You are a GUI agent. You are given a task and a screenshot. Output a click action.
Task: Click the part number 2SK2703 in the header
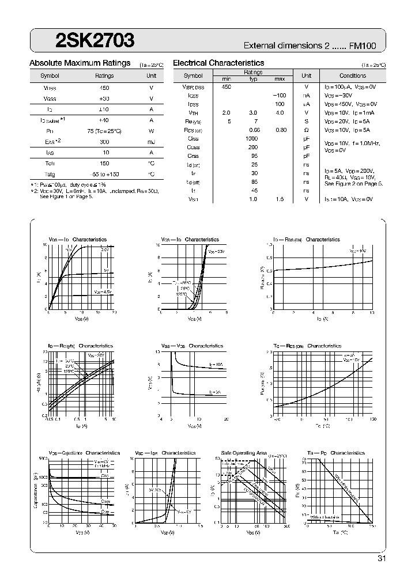click(96, 40)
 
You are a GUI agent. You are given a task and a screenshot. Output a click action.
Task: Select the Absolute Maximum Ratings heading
click(80, 63)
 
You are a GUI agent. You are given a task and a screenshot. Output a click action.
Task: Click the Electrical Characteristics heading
click(218, 63)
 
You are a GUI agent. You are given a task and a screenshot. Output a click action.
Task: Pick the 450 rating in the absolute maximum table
click(104, 87)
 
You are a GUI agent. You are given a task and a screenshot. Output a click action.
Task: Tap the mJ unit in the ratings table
click(151, 141)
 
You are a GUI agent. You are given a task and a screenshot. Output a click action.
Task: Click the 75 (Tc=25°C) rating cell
click(104, 130)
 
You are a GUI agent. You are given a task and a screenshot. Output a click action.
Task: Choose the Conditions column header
click(352, 75)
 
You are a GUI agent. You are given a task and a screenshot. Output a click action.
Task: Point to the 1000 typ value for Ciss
click(251, 138)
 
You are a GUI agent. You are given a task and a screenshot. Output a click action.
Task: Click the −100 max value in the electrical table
click(280, 95)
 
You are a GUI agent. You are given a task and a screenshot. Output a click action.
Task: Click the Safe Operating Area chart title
click(244, 453)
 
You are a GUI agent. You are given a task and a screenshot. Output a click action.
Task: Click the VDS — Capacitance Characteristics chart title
click(84, 453)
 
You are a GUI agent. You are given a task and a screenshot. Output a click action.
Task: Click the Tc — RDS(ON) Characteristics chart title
click(307, 346)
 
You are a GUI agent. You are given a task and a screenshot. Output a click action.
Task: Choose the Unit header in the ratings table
click(151, 75)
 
